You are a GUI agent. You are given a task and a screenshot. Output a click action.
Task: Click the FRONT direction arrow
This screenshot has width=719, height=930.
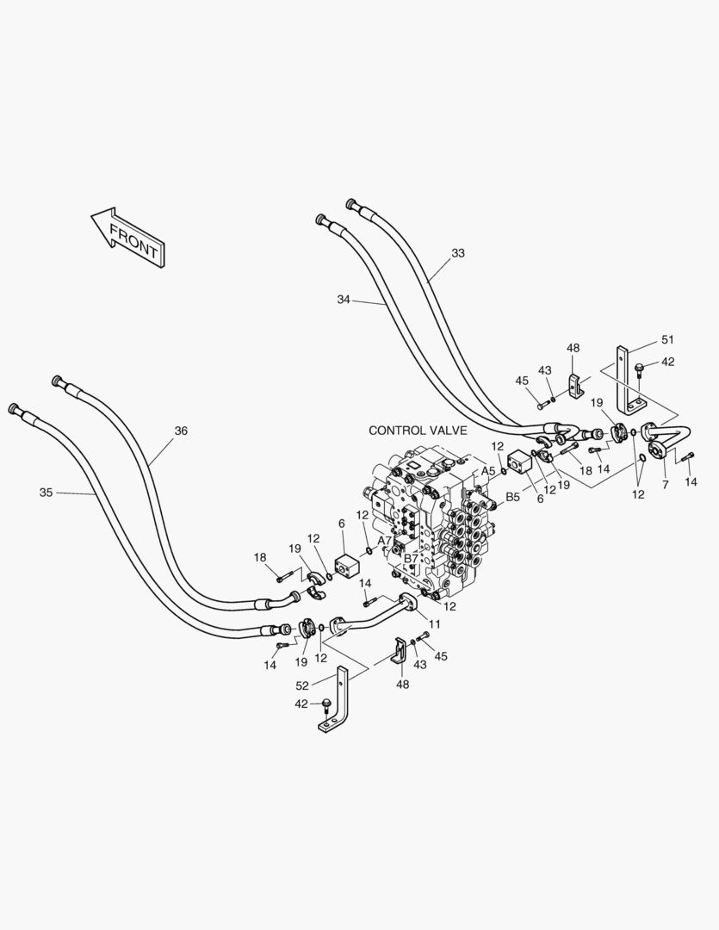127,236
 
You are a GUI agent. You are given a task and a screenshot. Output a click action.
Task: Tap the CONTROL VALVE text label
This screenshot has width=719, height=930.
418,431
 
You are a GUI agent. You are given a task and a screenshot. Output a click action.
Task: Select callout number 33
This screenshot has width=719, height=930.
457,253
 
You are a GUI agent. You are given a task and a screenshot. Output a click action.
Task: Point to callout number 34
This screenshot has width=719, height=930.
344,300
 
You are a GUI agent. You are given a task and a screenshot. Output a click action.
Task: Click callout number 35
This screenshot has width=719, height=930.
46,493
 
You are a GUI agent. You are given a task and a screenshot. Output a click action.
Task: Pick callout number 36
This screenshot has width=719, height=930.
180,431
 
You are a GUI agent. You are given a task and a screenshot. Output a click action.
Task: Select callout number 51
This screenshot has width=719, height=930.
667,339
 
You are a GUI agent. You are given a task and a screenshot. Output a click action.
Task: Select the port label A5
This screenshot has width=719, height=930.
488,471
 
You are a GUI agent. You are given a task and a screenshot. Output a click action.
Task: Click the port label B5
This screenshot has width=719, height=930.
511,497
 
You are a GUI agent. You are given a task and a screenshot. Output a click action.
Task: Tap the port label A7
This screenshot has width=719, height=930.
385,541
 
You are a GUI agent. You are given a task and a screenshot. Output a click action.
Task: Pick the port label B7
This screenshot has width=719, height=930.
412,559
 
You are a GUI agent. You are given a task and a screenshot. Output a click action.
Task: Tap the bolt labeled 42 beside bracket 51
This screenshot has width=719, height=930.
639,369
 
